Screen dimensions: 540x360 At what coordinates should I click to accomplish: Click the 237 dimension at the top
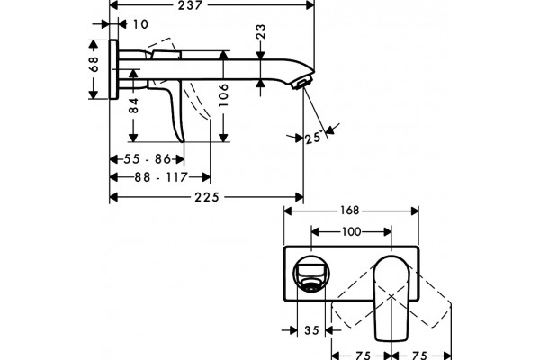point(190,5)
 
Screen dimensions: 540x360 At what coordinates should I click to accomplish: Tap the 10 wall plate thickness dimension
point(140,24)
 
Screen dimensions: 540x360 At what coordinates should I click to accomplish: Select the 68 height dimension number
point(94,64)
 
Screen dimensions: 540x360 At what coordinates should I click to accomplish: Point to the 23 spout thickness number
point(261,31)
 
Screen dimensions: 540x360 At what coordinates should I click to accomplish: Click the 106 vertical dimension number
point(223,94)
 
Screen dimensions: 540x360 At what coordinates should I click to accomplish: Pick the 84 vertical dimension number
point(133,106)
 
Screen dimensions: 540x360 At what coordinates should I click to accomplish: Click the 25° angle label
point(314,137)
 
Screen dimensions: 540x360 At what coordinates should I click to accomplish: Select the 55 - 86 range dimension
point(147,159)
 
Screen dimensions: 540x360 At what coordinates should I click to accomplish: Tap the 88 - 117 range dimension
point(161,177)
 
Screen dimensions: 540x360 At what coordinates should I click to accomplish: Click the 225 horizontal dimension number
point(207,197)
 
